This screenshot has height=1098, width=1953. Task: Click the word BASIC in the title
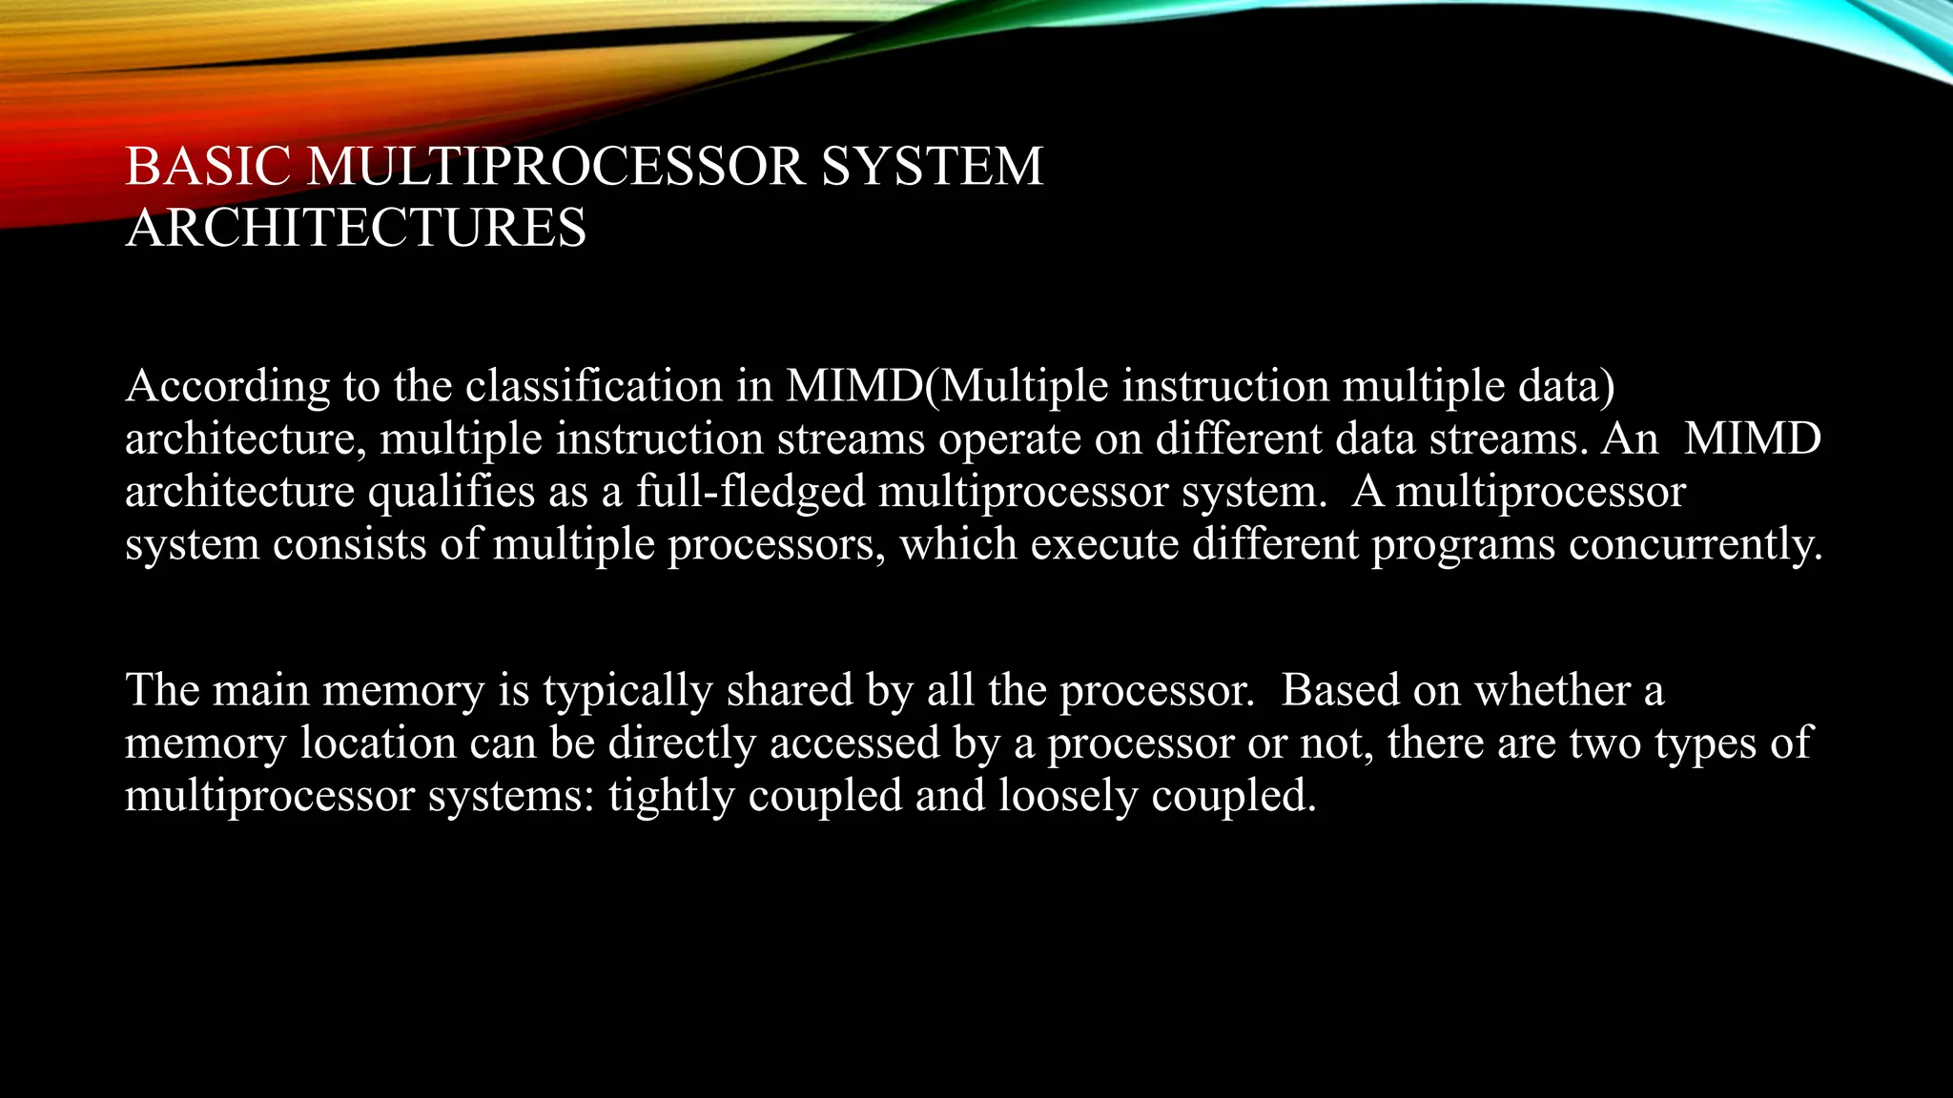point(207,167)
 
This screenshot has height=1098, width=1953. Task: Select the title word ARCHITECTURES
point(356,229)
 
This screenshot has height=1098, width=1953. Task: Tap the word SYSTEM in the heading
point(932,167)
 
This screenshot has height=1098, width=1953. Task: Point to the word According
point(227,387)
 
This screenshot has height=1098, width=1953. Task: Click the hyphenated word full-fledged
point(750,493)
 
